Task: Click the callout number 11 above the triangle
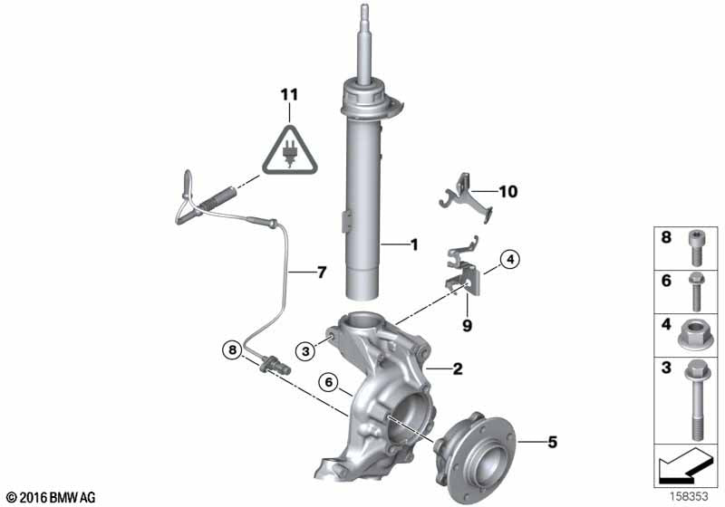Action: coord(288,94)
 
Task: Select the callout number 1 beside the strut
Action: coord(413,244)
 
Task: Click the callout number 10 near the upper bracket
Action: coord(507,191)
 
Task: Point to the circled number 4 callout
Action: coord(510,261)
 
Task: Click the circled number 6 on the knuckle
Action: coord(331,383)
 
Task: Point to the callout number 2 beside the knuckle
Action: coord(458,368)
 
